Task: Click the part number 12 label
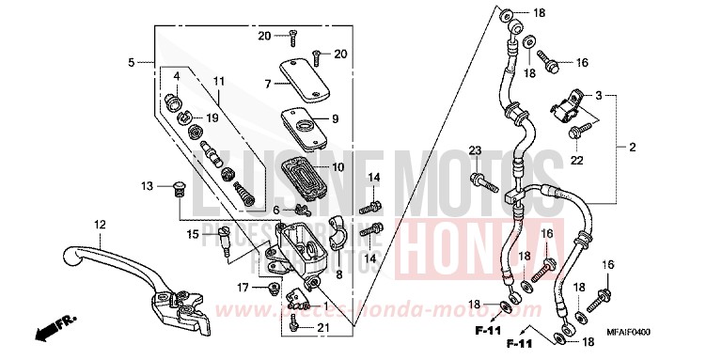tap(98, 223)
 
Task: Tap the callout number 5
tap(131, 62)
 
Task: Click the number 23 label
tap(475, 151)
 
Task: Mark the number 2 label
tap(633, 148)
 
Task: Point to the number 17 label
tap(242, 288)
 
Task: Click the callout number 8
tap(341, 248)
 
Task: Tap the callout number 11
tap(218, 81)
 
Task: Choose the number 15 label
tap(191, 233)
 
